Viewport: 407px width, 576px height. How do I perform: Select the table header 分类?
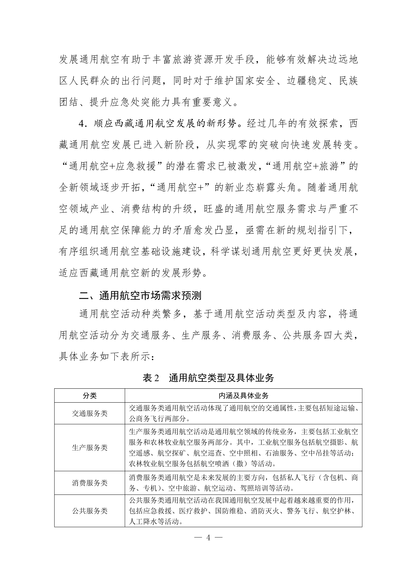tap(90, 396)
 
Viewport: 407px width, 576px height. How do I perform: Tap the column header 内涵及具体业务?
tap(243, 396)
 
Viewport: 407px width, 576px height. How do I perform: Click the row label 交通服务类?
tap(90, 413)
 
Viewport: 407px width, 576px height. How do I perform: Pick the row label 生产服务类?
tap(90, 448)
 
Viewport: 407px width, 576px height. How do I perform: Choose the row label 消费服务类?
tap(90, 483)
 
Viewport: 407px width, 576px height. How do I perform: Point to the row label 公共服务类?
tap(90, 511)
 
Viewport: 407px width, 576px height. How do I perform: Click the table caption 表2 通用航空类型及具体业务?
tap(208, 378)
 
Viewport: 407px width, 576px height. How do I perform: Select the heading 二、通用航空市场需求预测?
tap(140, 296)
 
